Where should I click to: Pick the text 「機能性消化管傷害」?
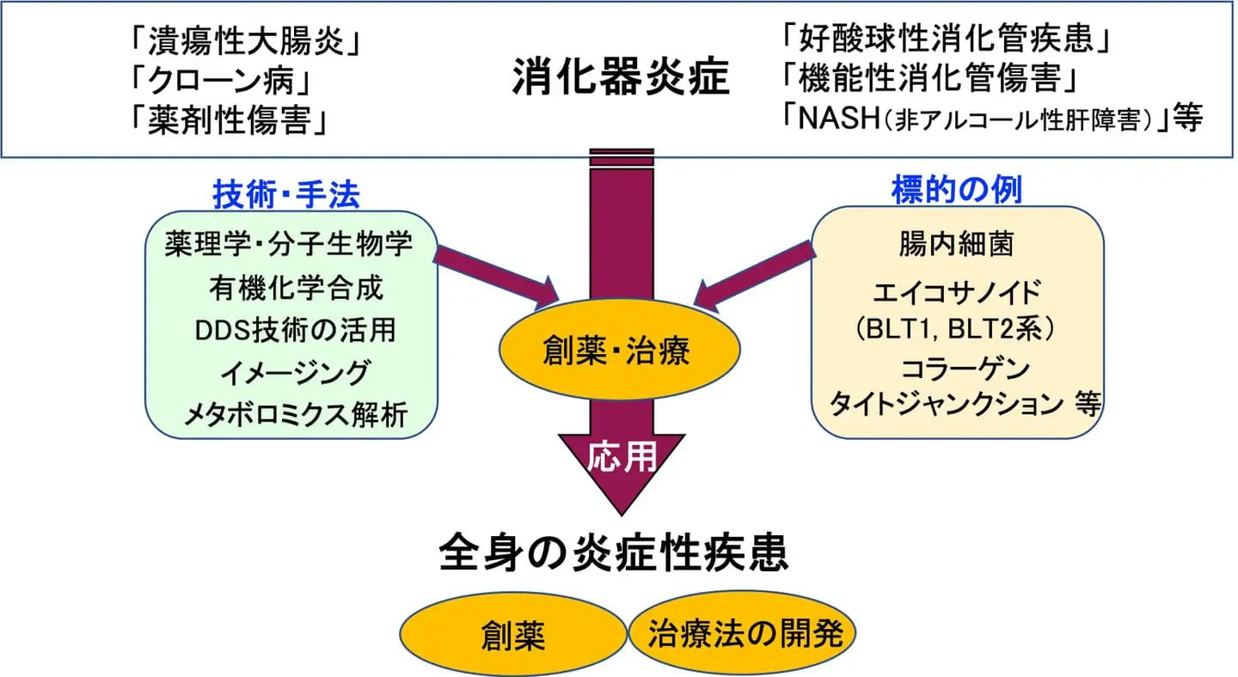click(x=931, y=78)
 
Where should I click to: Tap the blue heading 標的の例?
click(x=956, y=190)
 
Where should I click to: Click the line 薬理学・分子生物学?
click(x=289, y=244)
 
